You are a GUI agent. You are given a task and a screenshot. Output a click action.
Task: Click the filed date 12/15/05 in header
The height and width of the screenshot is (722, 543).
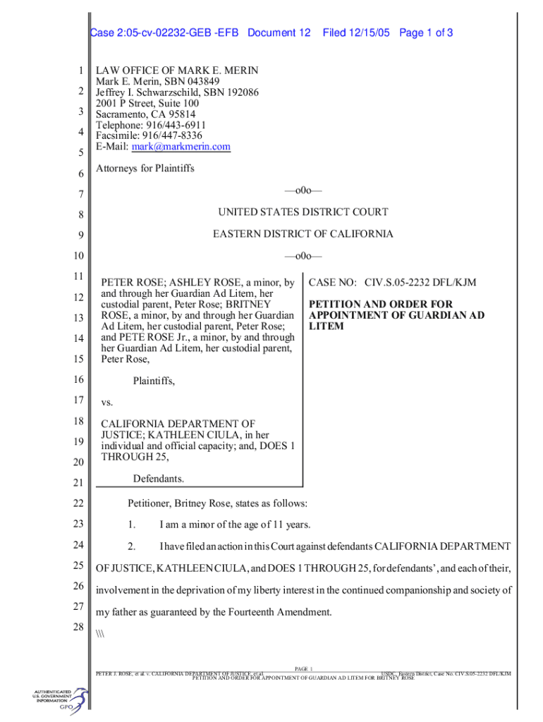pyautogui.click(x=357, y=33)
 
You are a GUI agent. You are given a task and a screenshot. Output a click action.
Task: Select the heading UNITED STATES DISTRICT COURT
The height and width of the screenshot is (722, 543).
pyautogui.click(x=303, y=212)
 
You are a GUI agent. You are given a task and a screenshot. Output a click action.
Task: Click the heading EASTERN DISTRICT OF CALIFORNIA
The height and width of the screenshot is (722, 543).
pyautogui.click(x=303, y=234)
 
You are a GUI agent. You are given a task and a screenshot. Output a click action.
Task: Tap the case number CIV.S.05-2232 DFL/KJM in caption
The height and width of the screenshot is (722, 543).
pyautogui.click(x=420, y=283)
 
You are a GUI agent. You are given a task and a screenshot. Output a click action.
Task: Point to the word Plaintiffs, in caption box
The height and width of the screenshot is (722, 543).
pyautogui.click(x=154, y=381)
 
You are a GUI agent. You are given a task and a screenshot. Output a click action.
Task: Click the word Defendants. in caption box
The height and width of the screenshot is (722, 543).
pyautogui.click(x=159, y=479)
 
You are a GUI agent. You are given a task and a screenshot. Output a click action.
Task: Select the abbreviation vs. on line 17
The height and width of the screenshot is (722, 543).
pyautogui.click(x=107, y=403)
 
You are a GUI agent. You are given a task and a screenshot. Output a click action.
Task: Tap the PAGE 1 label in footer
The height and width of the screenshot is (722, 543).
pyautogui.click(x=303, y=668)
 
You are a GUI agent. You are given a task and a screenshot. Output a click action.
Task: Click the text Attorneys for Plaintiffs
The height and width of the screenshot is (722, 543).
pyautogui.click(x=145, y=169)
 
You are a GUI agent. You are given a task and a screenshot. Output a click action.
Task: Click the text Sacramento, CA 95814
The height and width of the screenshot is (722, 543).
pyautogui.click(x=146, y=114)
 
